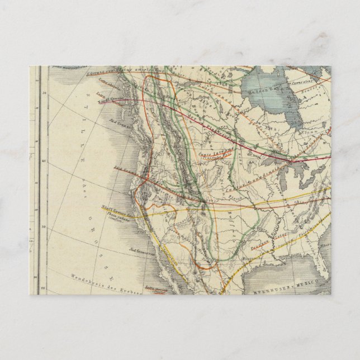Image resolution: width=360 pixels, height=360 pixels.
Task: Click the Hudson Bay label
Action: pyautogui.click(x=263, y=88)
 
